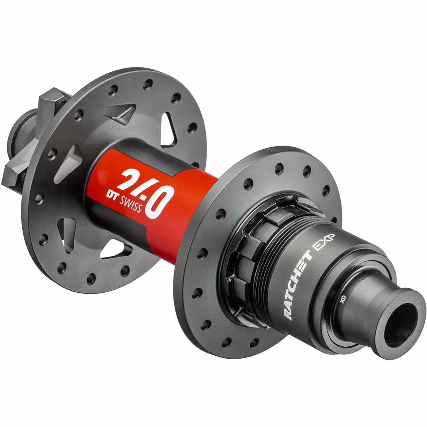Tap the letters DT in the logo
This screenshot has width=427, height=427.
pyautogui.click(x=114, y=195)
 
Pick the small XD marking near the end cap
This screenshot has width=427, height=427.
pyautogui.click(x=342, y=299)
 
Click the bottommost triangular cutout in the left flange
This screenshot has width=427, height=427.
pyautogui.click(x=115, y=248)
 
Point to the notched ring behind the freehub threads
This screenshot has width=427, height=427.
pyautogui.click(x=243, y=252)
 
